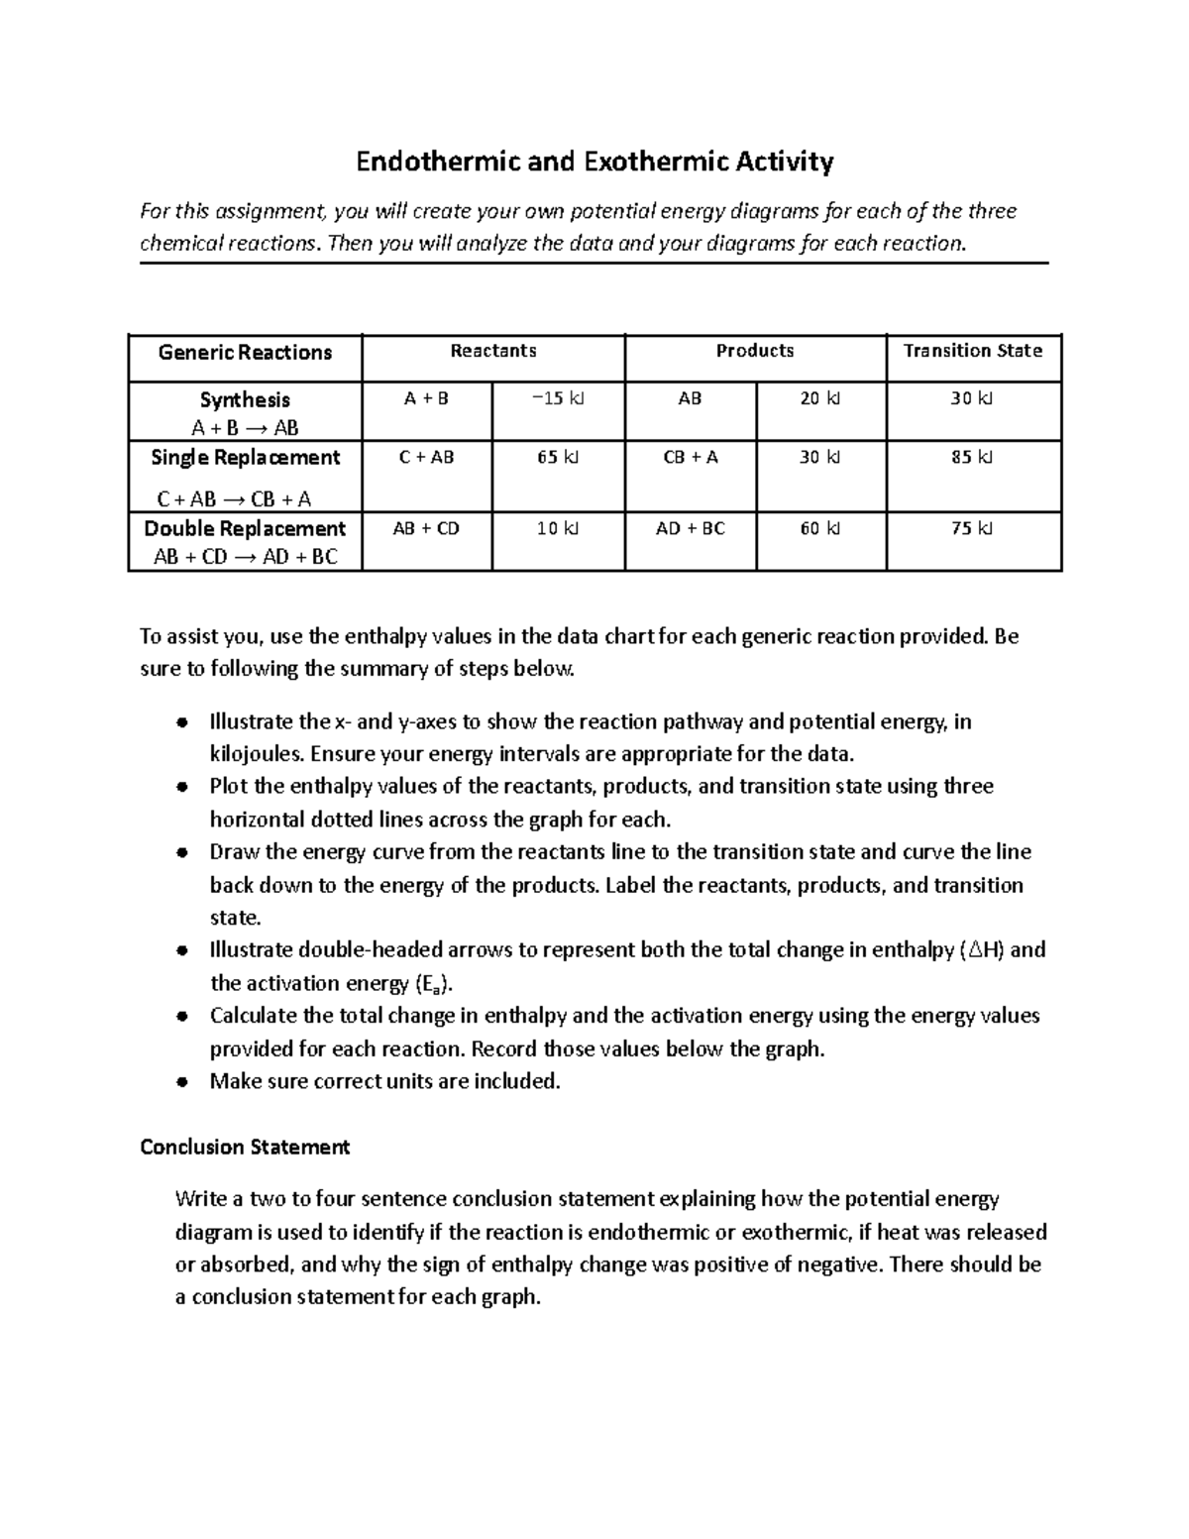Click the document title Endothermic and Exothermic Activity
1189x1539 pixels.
coord(594,162)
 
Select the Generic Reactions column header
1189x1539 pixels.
coord(245,353)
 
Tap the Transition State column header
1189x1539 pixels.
coord(972,351)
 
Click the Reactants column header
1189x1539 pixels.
coord(492,351)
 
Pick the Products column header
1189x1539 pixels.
coord(754,351)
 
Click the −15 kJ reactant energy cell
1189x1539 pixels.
coord(558,398)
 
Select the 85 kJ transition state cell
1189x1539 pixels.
coord(972,458)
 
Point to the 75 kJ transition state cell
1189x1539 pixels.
coord(972,529)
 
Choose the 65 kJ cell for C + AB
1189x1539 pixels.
coord(558,458)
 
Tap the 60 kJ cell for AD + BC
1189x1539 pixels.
coord(819,529)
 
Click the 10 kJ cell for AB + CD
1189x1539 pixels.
coord(558,529)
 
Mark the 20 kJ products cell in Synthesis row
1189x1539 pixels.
coord(819,398)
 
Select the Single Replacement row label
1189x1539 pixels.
coord(245,458)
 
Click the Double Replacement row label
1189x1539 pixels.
coord(245,529)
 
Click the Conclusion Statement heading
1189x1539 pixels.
coord(245,1148)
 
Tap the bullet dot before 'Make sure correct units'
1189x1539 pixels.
coord(181,1082)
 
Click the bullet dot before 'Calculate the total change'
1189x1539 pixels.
coord(181,1017)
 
